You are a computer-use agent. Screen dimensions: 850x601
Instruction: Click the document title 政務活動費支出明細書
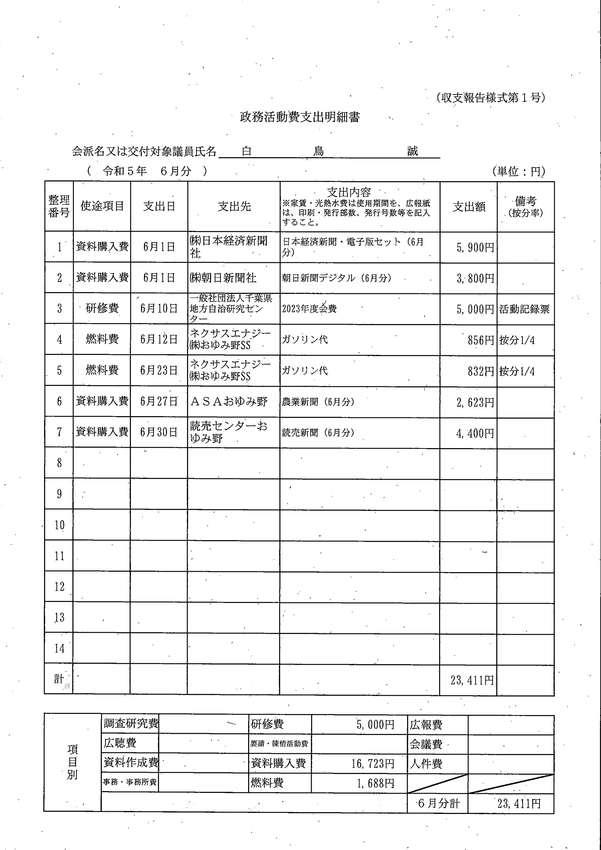(299, 117)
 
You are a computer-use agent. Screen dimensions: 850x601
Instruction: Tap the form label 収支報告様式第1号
(491, 98)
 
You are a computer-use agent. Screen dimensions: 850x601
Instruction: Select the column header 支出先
(234, 206)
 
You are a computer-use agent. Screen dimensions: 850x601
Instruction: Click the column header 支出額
(469, 207)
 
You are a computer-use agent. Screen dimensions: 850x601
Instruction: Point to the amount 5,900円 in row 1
(475, 248)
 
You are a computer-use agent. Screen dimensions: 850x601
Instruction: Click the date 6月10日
(159, 308)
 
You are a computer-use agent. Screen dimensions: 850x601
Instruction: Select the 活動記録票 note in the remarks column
(524, 309)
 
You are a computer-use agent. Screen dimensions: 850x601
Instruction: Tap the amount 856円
(481, 340)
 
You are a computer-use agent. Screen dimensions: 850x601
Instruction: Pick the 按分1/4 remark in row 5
(517, 371)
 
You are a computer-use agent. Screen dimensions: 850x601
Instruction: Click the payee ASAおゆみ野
(228, 402)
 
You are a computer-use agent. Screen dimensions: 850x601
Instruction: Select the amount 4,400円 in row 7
(475, 433)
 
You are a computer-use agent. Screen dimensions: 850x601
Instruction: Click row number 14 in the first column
(59, 649)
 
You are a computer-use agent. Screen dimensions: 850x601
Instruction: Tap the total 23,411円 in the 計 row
(472, 680)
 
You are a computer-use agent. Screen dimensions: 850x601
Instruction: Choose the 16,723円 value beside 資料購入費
(373, 763)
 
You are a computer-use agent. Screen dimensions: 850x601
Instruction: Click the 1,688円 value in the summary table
(375, 783)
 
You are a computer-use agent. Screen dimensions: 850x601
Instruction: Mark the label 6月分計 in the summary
(438, 803)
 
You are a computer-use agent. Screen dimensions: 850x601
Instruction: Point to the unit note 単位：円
(519, 171)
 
